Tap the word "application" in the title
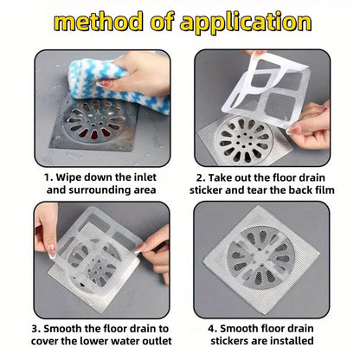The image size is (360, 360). click(x=248, y=21)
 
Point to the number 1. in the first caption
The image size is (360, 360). click(x=48, y=176)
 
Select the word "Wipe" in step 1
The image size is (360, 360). click(x=72, y=176)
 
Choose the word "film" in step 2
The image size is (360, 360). click(x=322, y=190)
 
